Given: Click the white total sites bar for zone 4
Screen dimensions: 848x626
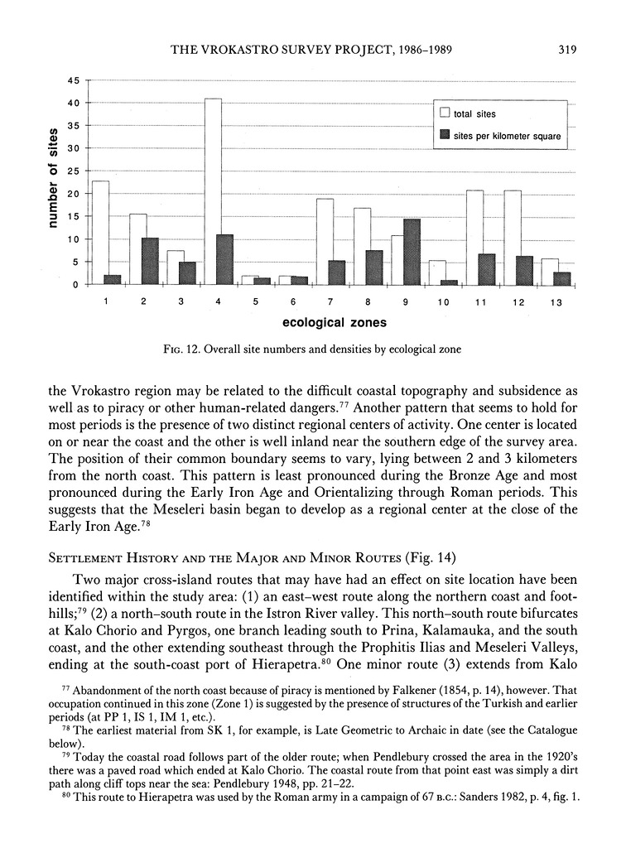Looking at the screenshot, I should point(213,191).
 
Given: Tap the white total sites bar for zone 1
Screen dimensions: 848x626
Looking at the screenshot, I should point(100,233).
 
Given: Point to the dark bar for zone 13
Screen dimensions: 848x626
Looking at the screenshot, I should point(561,278).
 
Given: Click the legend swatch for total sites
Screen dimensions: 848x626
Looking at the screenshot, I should point(443,114).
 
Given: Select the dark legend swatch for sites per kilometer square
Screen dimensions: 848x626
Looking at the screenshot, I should point(443,133).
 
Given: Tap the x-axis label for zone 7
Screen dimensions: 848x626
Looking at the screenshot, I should point(330,301).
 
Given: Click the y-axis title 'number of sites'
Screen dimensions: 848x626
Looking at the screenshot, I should point(52,182).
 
